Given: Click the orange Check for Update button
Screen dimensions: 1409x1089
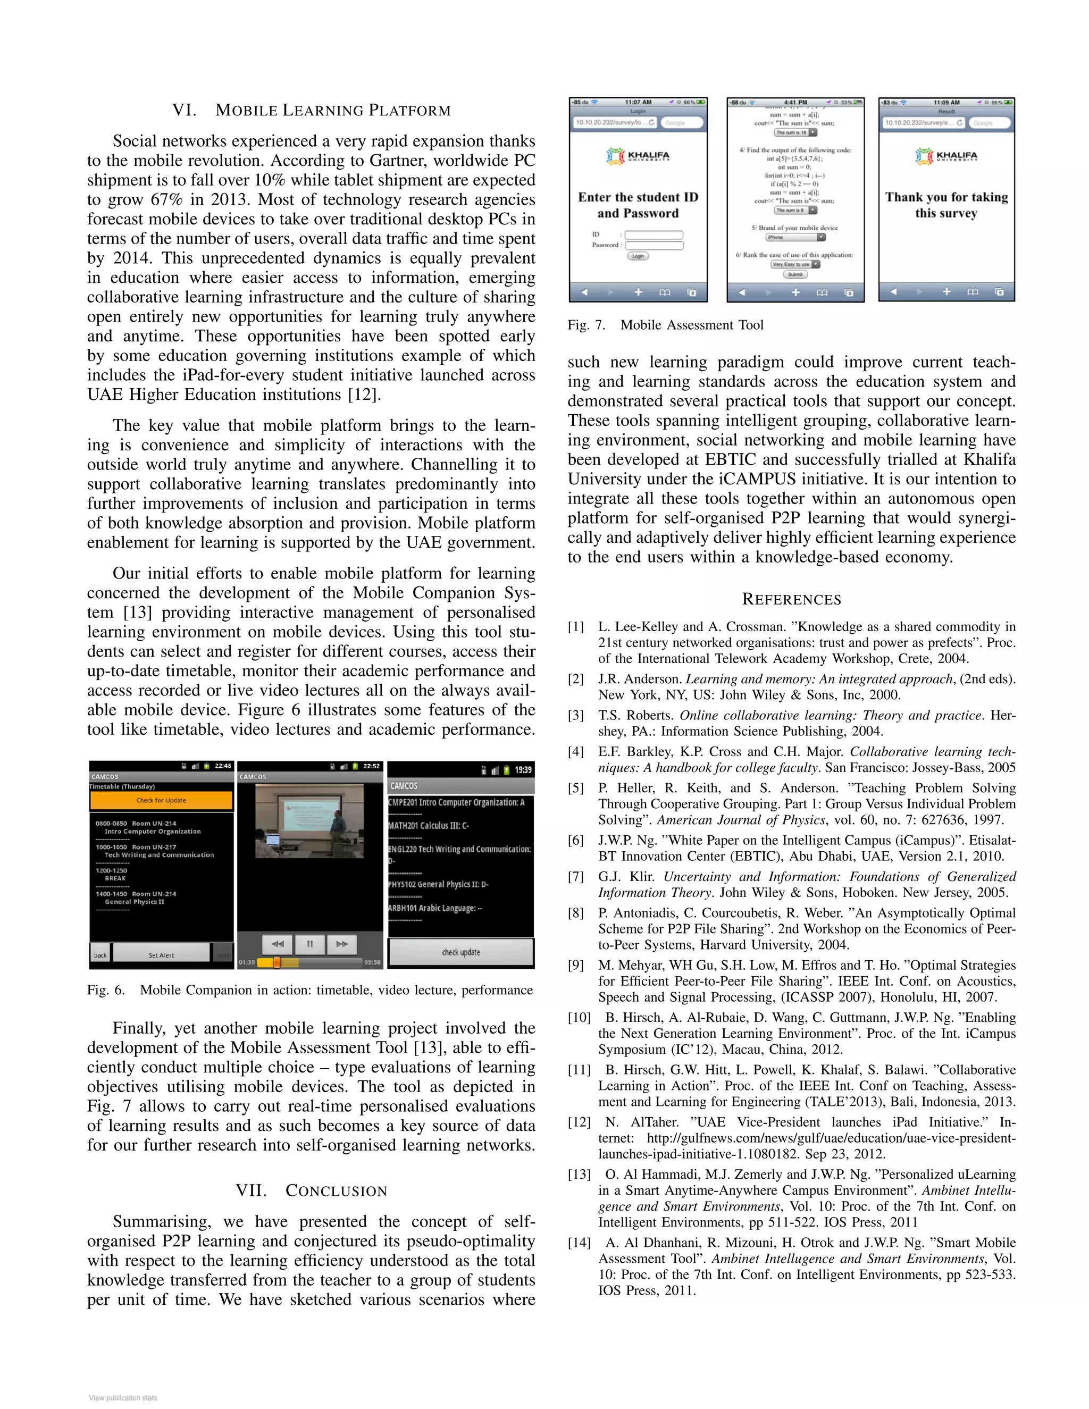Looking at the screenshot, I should [x=161, y=800].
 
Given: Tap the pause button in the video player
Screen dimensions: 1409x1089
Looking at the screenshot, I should [x=309, y=943].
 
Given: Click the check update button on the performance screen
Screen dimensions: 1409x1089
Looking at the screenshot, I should [x=460, y=952].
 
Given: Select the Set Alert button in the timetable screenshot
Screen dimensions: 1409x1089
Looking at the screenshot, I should [x=161, y=955].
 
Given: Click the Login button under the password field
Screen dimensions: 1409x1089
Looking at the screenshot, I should [x=638, y=256].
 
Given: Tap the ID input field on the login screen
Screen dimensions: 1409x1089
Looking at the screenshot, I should [x=654, y=235].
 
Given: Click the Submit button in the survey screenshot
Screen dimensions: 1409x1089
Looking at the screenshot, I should [x=795, y=274].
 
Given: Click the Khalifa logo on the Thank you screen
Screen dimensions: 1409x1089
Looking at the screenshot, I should [x=946, y=156].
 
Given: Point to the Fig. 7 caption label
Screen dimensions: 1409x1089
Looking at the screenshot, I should [x=586, y=325].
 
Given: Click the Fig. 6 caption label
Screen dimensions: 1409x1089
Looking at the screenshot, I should [x=105, y=991].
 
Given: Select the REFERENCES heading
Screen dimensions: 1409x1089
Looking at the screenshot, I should [x=792, y=599].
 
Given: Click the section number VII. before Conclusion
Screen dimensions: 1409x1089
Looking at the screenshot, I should [x=251, y=1190].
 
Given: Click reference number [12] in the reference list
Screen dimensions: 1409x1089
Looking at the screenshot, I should [x=579, y=1122].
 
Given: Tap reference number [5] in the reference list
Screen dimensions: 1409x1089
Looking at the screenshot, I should [x=575, y=788].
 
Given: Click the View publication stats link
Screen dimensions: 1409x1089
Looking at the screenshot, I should [x=123, y=1397].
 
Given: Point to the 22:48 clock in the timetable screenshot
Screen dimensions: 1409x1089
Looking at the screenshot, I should [x=223, y=766].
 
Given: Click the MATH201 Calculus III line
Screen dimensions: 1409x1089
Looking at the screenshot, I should [x=429, y=825].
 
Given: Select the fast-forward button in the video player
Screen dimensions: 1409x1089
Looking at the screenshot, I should [x=342, y=943].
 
